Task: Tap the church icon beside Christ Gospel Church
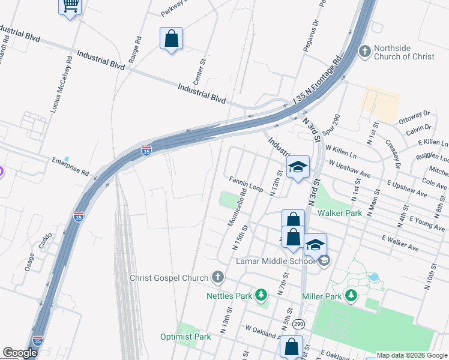217,277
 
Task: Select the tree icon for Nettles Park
261,295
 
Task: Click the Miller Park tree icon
352,296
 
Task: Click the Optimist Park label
185,337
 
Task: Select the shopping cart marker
70,6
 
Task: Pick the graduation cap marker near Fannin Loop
298,168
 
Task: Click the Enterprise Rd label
70,166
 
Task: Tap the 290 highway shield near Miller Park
299,323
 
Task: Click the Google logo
20,353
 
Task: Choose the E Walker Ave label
400,242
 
